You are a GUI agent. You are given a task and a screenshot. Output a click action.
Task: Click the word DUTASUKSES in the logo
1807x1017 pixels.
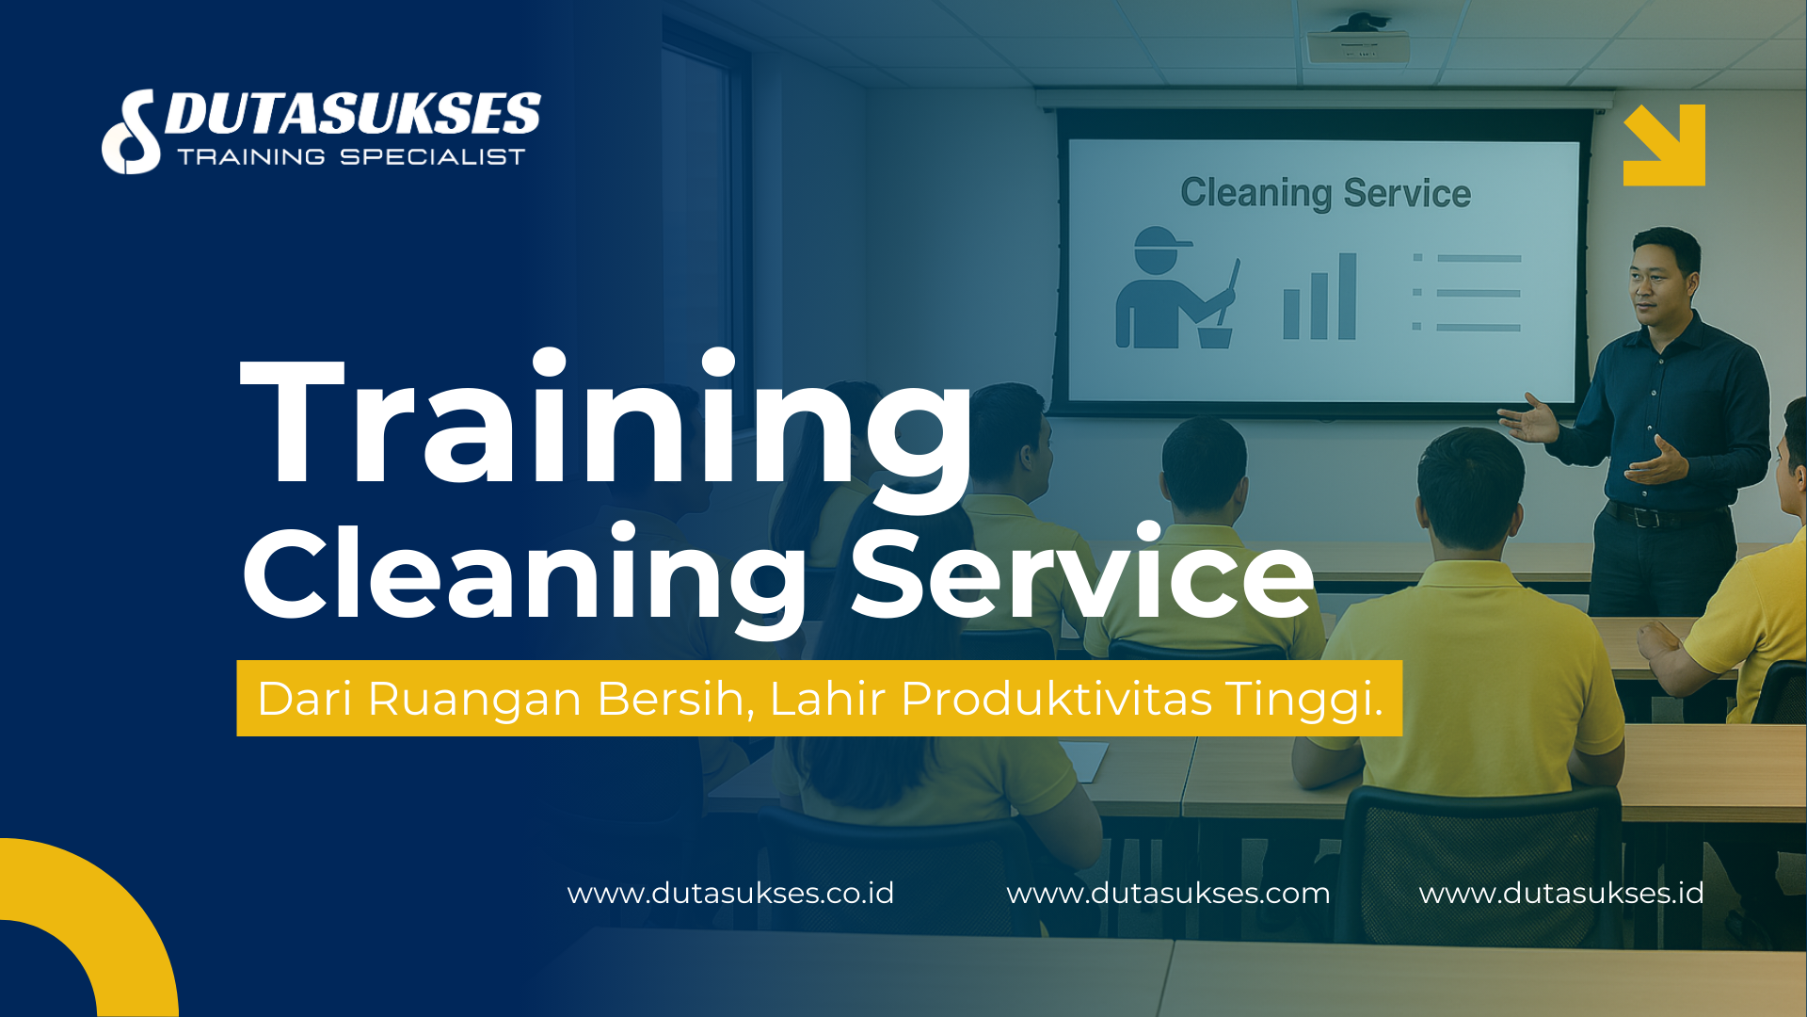coord(352,115)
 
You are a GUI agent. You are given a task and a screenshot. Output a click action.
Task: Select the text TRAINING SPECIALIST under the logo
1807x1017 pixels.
coord(351,157)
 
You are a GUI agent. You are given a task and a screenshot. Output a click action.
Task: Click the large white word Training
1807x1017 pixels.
coord(607,424)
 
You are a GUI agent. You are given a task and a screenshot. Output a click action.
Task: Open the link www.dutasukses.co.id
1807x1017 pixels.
coord(730,893)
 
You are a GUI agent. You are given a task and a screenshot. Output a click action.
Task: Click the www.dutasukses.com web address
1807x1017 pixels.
coord(1168,893)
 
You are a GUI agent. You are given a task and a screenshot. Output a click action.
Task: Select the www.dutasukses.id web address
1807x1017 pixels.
coord(1561,893)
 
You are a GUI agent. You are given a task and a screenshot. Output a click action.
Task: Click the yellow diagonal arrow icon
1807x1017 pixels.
coord(1664,144)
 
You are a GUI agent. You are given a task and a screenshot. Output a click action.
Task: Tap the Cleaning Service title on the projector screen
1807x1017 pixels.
coord(1325,193)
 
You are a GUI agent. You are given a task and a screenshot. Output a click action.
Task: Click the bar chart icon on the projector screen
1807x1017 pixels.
coord(1319,299)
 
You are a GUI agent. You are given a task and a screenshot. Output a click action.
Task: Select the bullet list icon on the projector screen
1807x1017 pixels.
coord(1466,292)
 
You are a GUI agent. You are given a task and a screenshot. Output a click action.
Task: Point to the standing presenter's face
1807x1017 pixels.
coord(1661,278)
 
